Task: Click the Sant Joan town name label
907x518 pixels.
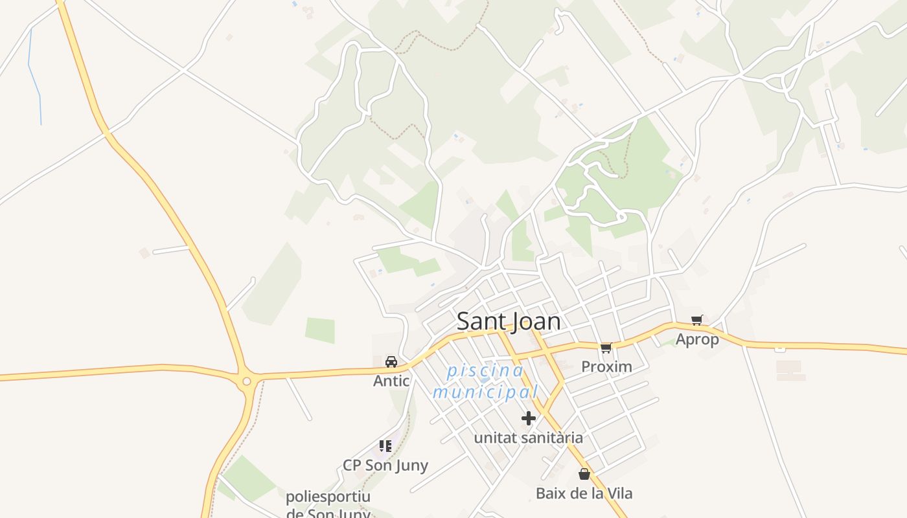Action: (509, 321)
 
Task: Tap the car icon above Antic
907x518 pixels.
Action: (391, 362)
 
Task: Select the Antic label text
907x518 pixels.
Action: (391, 381)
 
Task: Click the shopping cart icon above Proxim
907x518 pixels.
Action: (606, 348)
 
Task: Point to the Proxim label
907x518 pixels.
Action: (606, 366)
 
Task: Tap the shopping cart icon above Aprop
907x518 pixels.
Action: (697, 320)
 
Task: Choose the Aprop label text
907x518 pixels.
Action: (697, 339)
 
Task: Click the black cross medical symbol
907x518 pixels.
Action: (529, 418)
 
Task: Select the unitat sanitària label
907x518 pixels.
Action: (528, 438)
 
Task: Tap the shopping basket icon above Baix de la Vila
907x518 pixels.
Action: (584, 474)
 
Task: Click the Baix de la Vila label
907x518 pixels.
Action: (584, 493)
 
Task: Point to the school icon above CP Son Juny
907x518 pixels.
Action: (385, 445)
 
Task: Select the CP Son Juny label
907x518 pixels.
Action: (385, 466)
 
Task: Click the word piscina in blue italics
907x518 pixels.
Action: (485, 371)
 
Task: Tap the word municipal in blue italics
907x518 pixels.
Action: (485, 392)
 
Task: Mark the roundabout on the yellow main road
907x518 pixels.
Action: (246, 381)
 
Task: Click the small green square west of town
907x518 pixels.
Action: (320, 330)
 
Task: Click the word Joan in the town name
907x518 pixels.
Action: (534, 321)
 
